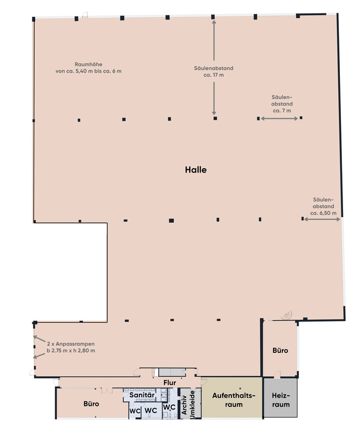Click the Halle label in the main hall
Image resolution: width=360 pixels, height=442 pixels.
click(x=196, y=170)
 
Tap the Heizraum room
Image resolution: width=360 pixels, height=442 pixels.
click(x=281, y=398)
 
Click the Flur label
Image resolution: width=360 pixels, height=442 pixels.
click(x=170, y=382)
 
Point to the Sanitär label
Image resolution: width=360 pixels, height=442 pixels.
click(x=142, y=395)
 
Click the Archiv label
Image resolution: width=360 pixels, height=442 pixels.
click(x=184, y=405)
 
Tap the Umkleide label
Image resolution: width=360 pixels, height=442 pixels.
click(x=193, y=404)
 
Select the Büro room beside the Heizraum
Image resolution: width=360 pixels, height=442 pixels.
click(x=280, y=349)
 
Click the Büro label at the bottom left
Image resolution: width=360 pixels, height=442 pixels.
click(x=91, y=403)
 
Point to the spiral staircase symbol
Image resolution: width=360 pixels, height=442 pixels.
click(x=287, y=315)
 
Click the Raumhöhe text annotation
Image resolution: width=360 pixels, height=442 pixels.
click(x=88, y=67)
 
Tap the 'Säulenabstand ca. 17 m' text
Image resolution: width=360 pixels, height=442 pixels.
click(x=213, y=72)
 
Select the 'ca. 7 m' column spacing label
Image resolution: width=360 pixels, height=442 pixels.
click(x=282, y=111)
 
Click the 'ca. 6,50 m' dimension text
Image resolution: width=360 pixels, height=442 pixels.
click(x=323, y=213)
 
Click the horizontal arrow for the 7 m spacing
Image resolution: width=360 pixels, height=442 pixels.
click(x=279, y=119)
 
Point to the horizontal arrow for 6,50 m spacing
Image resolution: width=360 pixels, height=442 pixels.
click(x=322, y=219)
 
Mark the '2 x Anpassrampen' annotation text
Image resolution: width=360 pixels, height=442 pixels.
click(x=70, y=344)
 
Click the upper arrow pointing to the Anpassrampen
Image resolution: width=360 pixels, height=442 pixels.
click(x=39, y=339)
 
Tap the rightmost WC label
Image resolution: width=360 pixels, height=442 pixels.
click(x=169, y=407)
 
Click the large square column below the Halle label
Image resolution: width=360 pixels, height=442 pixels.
click(x=171, y=220)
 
